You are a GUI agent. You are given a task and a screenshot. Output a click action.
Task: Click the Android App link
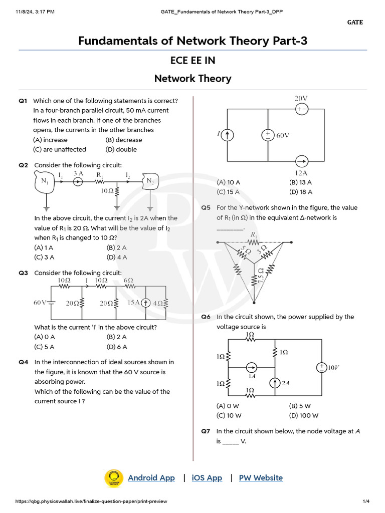(151, 478)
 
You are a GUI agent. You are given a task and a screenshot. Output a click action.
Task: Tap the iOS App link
(207, 478)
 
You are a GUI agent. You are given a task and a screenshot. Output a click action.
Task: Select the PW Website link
(261, 478)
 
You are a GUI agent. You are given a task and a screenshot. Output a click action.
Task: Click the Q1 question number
(23, 101)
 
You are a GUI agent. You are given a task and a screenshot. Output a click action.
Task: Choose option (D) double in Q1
(121, 149)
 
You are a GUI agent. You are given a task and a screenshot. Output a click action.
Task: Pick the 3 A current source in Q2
(78, 181)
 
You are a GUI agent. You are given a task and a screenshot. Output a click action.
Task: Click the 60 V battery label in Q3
(40, 303)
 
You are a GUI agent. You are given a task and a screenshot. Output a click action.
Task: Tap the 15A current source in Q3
(145, 303)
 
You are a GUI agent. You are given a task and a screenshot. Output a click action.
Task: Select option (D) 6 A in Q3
(117, 347)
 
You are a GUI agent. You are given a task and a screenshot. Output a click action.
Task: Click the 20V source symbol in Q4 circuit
(301, 109)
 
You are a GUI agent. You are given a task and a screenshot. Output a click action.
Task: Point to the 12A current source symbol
(301, 161)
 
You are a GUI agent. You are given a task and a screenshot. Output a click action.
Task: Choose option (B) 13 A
(300, 182)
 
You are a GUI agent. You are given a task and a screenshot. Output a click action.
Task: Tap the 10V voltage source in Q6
(320, 368)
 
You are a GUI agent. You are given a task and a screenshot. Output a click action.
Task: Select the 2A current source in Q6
(274, 383)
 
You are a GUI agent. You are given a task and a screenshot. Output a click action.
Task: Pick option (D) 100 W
(303, 415)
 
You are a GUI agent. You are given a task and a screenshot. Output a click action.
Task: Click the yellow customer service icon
(114, 478)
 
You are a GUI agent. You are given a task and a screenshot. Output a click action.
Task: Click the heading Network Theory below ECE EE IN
(192, 79)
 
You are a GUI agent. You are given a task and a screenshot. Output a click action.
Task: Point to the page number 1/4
(366, 501)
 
